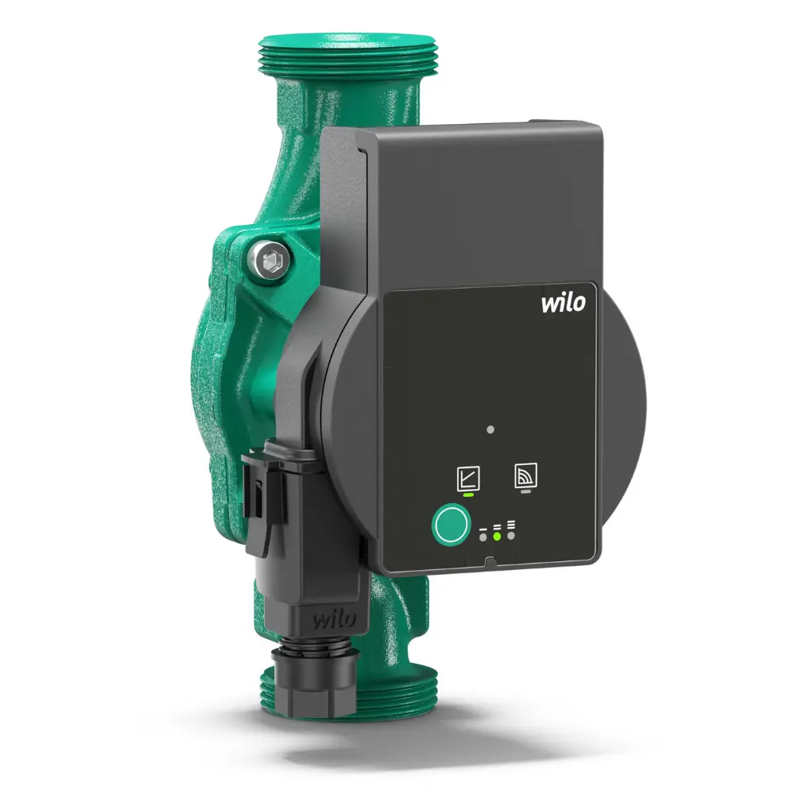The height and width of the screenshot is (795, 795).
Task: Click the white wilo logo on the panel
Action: (x=564, y=303)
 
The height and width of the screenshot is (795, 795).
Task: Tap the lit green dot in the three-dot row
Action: (x=497, y=536)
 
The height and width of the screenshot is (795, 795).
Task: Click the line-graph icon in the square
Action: (x=468, y=478)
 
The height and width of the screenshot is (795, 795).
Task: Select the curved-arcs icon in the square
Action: (x=525, y=475)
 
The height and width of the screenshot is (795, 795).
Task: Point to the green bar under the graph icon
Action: (x=468, y=494)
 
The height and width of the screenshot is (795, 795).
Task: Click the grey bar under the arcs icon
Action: (x=526, y=491)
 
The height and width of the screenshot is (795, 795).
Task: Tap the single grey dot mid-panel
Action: (x=491, y=429)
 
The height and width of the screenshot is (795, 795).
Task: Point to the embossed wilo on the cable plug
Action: (x=333, y=619)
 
